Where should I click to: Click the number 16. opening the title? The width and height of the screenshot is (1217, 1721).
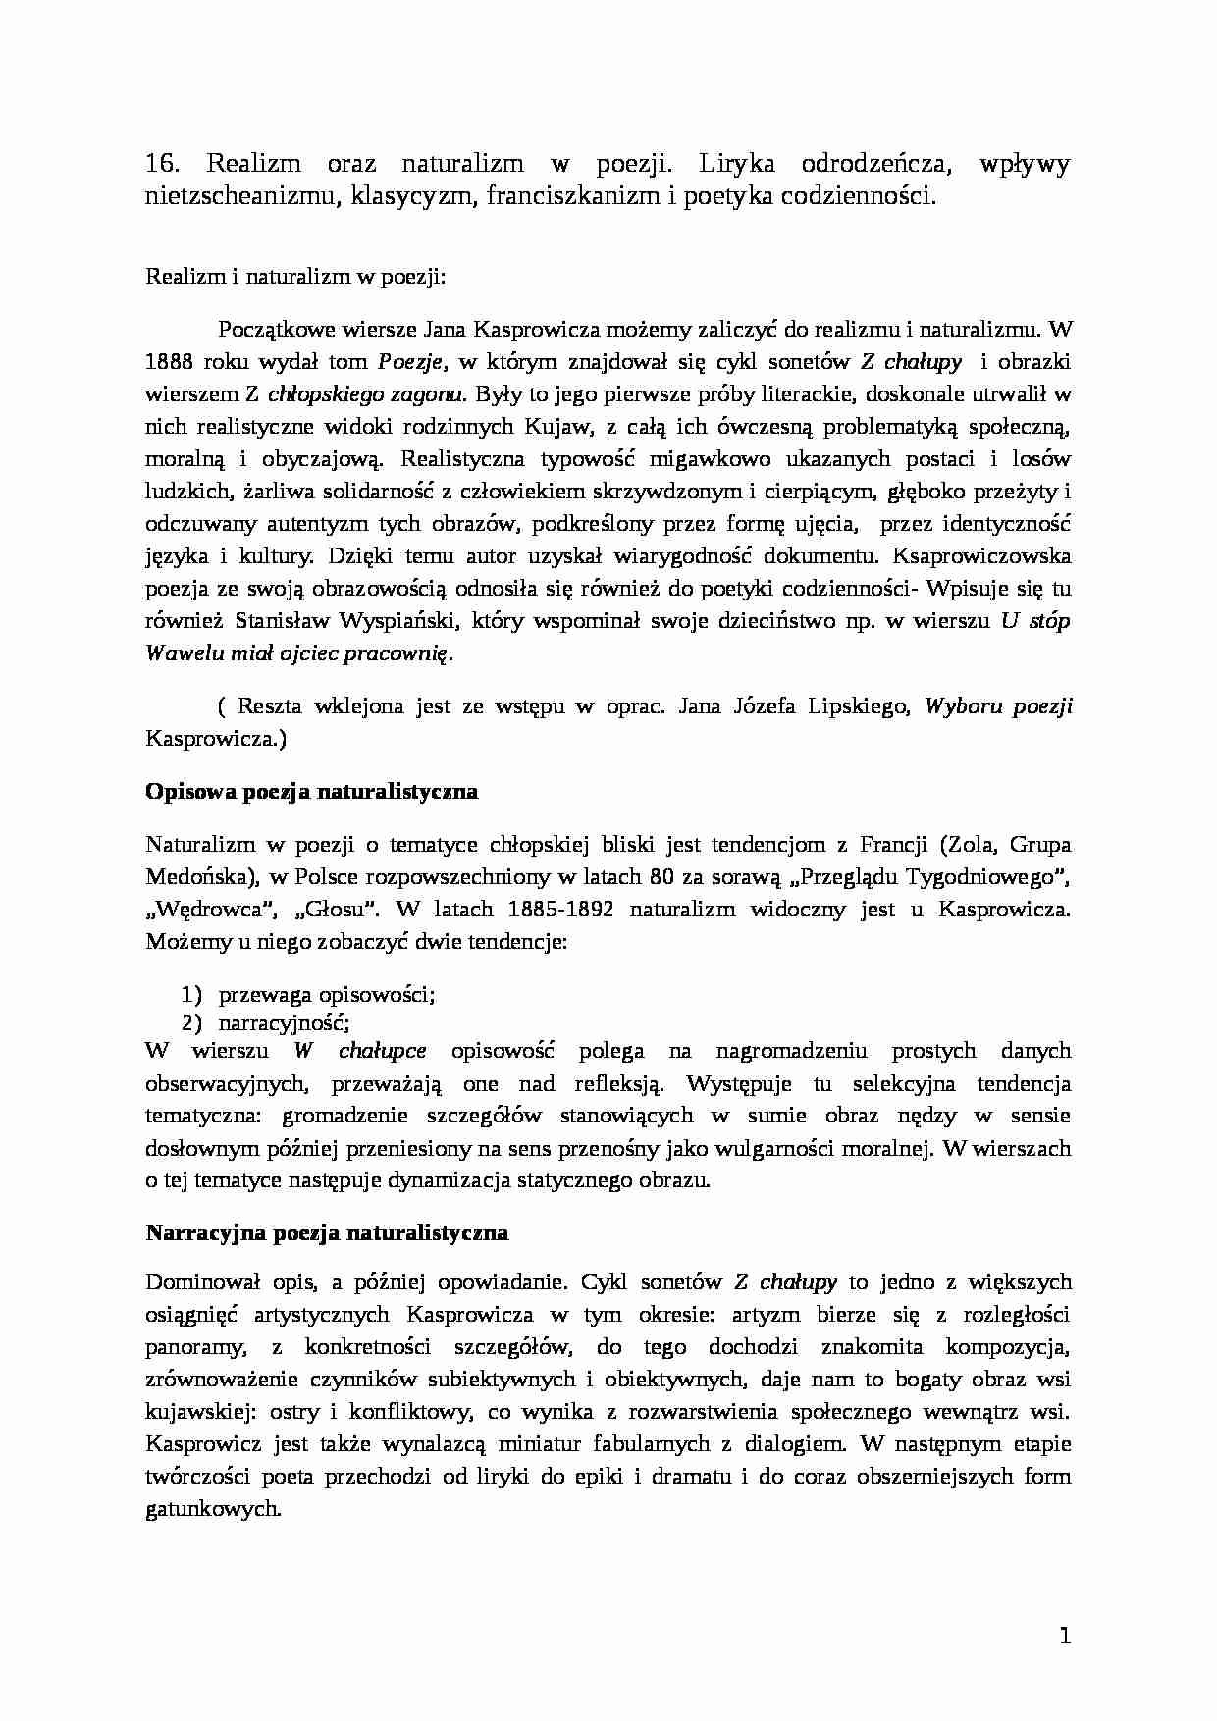[x=160, y=164]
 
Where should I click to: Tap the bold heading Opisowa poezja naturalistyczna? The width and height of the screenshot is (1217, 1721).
[x=311, y=791]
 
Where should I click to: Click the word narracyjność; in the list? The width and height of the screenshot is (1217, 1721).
[x=284, y=1022]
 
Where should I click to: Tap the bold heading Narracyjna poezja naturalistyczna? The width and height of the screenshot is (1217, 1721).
[x=326, y=1232]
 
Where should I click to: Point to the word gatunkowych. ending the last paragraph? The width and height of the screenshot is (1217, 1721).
[x=213, y=1509]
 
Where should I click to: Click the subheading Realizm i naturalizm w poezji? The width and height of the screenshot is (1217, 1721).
[x=295, y=276]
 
